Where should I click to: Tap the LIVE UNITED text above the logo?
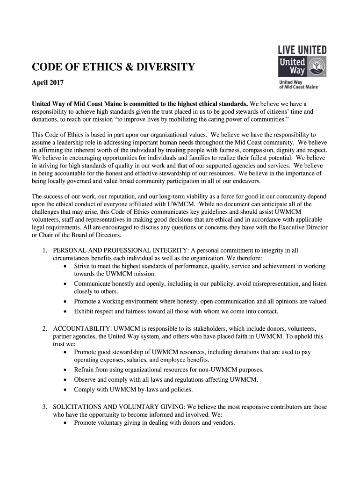[302, 50]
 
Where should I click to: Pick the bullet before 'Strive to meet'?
[65, 266]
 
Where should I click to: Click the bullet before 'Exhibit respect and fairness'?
[65, 311]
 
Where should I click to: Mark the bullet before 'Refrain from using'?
[65, 370]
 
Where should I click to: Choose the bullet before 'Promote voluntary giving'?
[65, 423]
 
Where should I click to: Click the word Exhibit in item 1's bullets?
[85, 311]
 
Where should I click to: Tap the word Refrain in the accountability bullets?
[85, 370]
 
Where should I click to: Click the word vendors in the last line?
[223, 423]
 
